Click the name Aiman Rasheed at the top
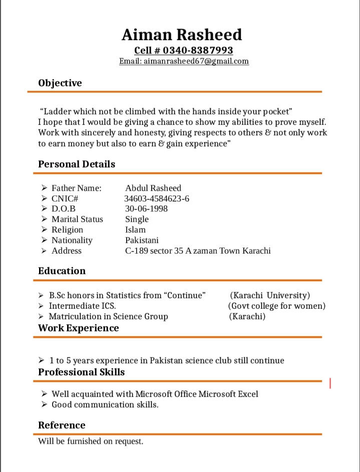[x=182, y=35]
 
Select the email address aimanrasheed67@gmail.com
[x=196, y=61]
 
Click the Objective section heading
[x=60, y=83]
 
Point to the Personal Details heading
[x=77, y=164]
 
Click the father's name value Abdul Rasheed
[x=153, y=188]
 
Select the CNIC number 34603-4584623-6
[x=157, y=198]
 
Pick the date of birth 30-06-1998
[x=146, y=208]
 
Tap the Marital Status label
[x=77, y=219]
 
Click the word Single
[x=137, y=219]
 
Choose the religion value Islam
[x=135, y=229]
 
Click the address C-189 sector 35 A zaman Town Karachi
[x=198, y=251]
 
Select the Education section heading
[x=62, y=271]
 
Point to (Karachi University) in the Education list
[x=270, y=295]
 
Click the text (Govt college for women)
[x=277, y=306]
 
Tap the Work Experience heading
[x=79, y=328]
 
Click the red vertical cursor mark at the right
[x=330, y=383]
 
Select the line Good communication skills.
[x=105, y=404]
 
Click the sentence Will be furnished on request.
[x=91, y=441]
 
